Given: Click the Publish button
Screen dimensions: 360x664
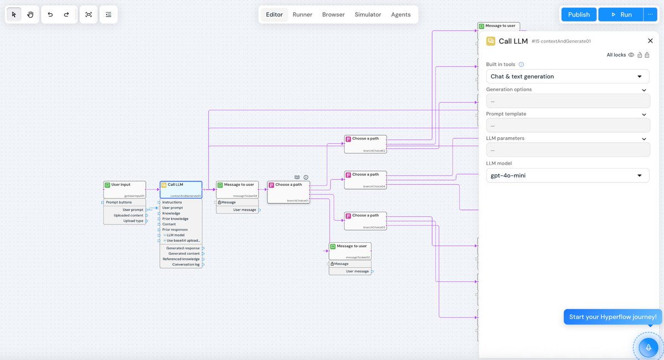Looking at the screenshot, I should pos(579,14).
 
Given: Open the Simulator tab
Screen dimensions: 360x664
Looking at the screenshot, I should pos(367,14).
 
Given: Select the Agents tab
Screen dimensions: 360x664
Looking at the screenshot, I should pos(401,14).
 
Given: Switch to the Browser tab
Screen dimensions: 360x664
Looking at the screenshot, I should pos(333,14).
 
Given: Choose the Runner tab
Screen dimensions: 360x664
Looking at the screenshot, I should pos(302,14).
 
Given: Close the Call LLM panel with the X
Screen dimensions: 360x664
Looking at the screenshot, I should pos(650,41).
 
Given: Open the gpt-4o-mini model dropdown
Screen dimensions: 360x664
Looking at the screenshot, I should pos(567,175).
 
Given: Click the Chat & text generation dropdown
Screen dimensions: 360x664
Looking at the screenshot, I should pos(567,76).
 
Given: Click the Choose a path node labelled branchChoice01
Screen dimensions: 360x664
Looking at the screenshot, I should pos(288,185).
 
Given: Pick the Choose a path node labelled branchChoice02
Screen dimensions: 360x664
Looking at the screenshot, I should pos(365,138).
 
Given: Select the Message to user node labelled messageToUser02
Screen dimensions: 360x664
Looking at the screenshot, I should pos(351,246).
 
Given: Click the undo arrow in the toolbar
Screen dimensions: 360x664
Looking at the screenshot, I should pos(50,14).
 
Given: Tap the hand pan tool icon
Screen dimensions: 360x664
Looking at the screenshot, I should pos(30,14).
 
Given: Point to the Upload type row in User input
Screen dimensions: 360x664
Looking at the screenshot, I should pos(133,221).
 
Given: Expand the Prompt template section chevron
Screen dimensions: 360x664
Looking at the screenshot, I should pos(644,114).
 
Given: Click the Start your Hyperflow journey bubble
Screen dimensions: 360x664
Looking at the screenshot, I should pos(613,317).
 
